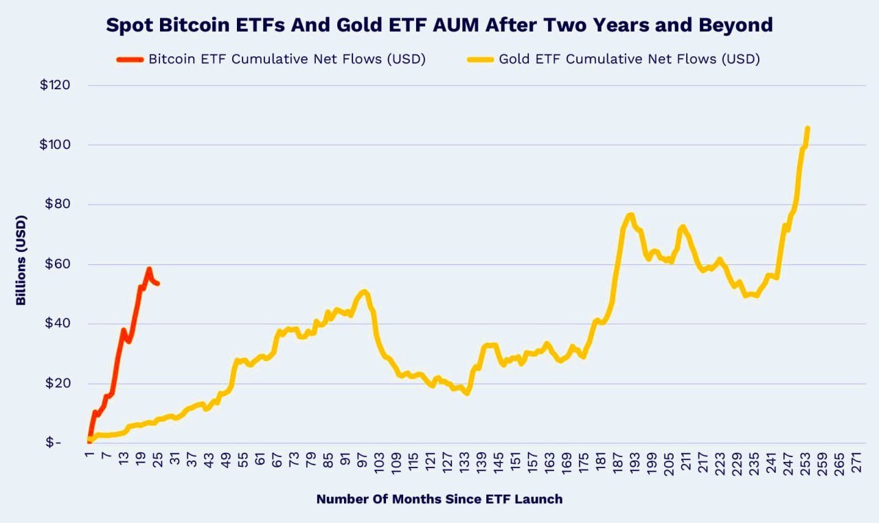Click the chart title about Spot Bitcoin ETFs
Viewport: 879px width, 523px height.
[439, 25]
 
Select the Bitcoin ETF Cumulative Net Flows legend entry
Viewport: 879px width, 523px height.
[287, 59]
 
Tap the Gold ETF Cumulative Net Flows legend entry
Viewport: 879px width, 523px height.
[629, 59]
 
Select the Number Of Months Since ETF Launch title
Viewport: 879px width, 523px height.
[439, 499]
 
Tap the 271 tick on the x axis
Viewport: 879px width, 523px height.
[856, 463]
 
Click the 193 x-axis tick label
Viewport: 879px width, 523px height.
[636, 463]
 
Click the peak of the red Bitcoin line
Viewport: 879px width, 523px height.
[148, 269]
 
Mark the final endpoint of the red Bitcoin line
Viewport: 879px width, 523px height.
[158, 283]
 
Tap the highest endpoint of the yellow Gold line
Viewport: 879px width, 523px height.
[807, 128]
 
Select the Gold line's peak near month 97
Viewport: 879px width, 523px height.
[363, 292]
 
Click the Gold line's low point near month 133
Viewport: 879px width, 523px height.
[466, 393]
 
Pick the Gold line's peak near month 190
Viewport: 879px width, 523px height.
[630, 215]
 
